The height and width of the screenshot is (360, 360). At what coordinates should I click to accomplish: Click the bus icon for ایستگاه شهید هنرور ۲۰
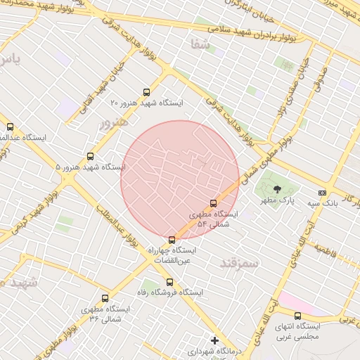[146, 92]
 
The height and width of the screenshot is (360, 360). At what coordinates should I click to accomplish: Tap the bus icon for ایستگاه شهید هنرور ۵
[90, 156]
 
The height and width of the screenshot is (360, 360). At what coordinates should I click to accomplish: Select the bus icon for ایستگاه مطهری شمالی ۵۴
[214, 203]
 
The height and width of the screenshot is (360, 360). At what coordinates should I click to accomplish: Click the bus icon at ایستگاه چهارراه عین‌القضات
[172, 240]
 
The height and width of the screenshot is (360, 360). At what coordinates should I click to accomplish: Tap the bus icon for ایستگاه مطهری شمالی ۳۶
[105, 298]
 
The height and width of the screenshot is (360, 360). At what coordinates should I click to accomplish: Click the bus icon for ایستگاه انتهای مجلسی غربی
[297, 316]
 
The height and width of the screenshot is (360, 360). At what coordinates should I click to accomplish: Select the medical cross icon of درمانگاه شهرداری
[215, 340]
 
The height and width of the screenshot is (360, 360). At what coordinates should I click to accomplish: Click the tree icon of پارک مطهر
[276, 188]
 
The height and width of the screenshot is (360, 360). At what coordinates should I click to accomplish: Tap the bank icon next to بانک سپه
[322, 192]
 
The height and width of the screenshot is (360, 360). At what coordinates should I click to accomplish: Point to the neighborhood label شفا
[200, 44]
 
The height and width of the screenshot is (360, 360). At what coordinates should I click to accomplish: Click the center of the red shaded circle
[180, 180]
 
